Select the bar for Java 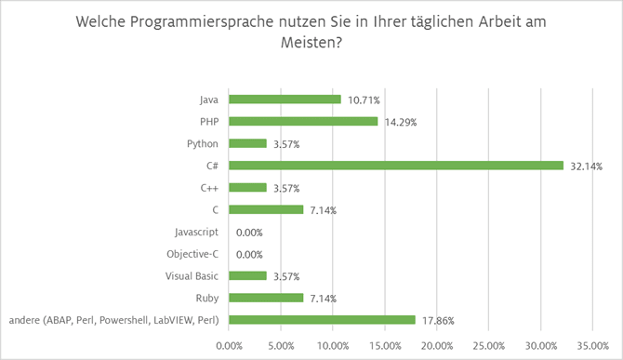coord(285,99)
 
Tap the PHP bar coord(303,121)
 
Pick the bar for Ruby coord(266,298)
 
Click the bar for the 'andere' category coord(322,320)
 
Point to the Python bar coord(247,143)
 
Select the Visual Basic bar coord(247,275)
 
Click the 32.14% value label coord(586,167)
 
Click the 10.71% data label coord(364,100)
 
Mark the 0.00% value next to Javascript coord(250,233)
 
